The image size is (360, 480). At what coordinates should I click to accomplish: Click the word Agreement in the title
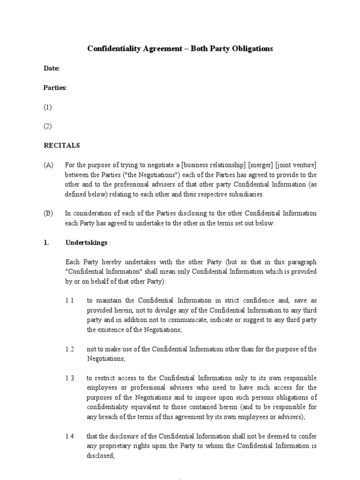[159, 49]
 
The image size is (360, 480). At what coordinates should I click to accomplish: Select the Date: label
[52, 68]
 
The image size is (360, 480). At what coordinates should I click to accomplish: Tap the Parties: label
[55, 88]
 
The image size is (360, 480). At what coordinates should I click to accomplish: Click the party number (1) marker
[48, 107]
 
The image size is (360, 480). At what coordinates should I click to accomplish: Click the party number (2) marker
[48, 126]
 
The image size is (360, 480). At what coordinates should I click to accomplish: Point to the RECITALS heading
[62, 146]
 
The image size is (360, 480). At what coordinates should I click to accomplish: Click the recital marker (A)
[49, 165]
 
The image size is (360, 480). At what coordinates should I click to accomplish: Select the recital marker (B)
[49, 213]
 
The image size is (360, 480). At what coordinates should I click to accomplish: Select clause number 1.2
[70, 349]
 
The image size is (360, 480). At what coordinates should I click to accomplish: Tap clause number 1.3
[70, 378]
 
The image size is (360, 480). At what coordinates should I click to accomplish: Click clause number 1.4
[70, 436]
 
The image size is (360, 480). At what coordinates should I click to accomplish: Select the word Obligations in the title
[249, 49]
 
